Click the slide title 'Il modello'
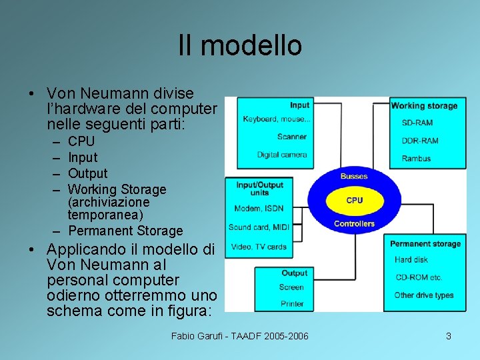pyautogui.click(x=240, y=46)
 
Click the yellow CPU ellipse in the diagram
pyautogui.click(x=355, y=200)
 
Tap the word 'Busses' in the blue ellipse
pyautogui.click(x=353, y=176)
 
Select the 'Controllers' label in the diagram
pyautogui.click(x=354, y=224)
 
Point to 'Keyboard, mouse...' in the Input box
pyautogui.click(x=277, y=119)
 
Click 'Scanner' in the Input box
pyautogui.click(x=292, y=137)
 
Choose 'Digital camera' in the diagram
pyautogui.click(x=282, y=155)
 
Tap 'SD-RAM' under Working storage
pyautogui.click(x=417, y=123)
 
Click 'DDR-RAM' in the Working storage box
pyautogui.click(x=420, y=141)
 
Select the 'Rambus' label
pyautogui.click(x=416, y=159)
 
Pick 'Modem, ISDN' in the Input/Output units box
pyautogui.click(x=259, y=209)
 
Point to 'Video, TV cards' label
pyautogui.click(x=259, y=247)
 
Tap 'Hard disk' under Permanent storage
pyautogui.click(x=411, y=260)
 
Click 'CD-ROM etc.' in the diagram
pyautogui.click(x=418, y=277)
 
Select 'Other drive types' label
pyautogui.click(x=424, y=295)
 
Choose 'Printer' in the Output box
pyautogui.click(x=291, y=304)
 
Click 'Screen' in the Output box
pyautogui.click(x=291, y=287)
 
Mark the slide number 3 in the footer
pyautogui.click(x=449, y=336)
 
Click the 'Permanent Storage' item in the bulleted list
pyautogui.click(x=125, y=231)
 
